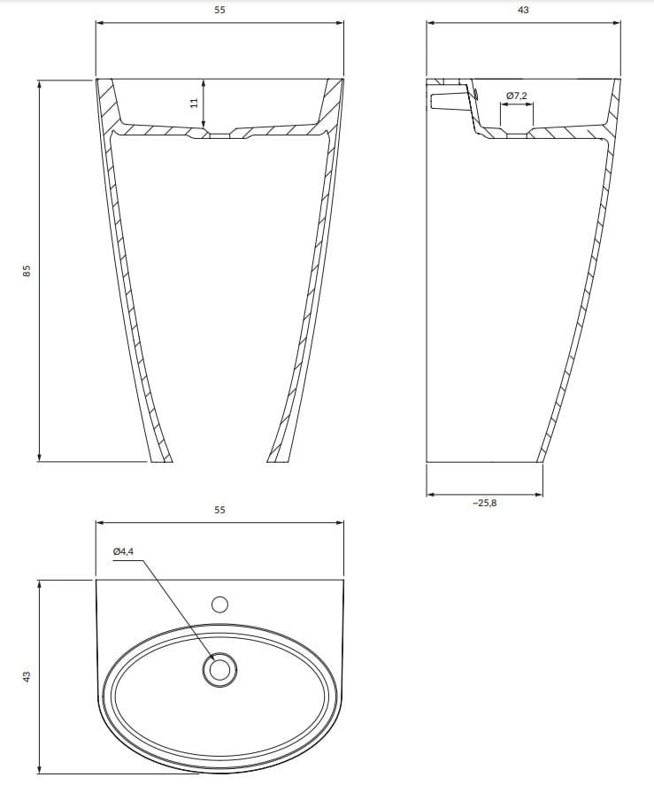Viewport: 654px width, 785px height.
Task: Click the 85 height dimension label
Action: tap(27, 270)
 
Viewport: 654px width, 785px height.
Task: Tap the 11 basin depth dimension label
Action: tap(195, 103)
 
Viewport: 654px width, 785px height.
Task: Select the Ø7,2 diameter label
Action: tap(516, 95)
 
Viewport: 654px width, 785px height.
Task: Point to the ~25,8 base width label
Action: tap(485, 504)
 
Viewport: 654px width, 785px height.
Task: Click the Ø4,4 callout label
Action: tap(123, 551)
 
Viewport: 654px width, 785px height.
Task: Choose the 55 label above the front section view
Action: tap(219, 10)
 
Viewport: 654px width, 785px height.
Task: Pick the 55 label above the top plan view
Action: tap(219, 510)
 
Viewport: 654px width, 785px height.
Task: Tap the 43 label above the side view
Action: tap(523, 10)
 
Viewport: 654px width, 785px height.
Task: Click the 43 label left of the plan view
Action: tap(27, 676)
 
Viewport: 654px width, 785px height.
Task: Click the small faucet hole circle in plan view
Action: tap(219, 604)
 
